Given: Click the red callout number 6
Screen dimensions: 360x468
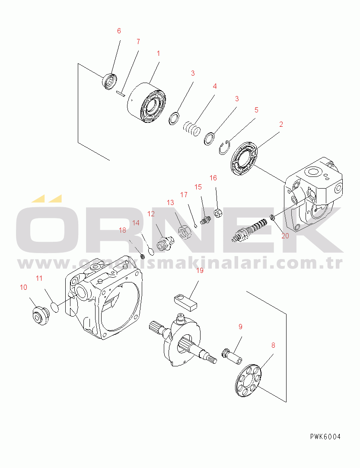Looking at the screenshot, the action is [x=119, y=31].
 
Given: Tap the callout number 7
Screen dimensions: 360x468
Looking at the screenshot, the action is [x=138, y=42].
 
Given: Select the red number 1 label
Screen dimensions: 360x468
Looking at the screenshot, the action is [x=158, y=54].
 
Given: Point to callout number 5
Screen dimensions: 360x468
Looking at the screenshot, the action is [x=256, y=110].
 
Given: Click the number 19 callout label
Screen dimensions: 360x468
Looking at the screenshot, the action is [x=199, y=271].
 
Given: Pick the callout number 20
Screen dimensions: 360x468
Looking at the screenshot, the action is [x=285, y=236].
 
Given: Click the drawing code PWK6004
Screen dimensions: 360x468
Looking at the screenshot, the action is [x=325, y=436].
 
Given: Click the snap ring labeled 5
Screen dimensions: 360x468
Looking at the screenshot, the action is [x=224, y=147].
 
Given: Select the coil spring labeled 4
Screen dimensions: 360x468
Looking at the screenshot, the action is [x=191, y=128].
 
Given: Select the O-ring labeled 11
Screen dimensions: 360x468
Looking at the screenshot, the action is [x=54, y=307].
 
